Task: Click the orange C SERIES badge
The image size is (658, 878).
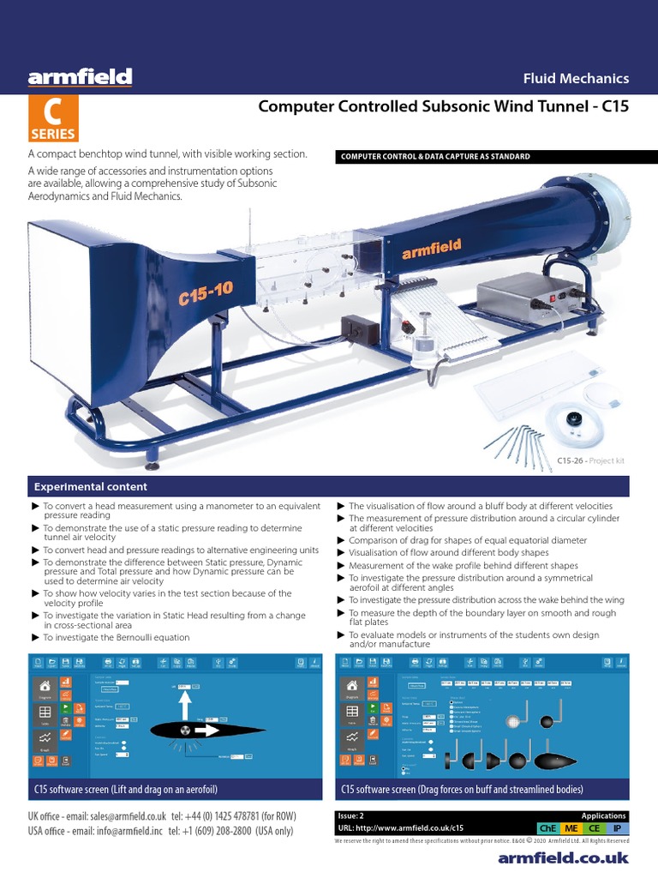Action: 54,119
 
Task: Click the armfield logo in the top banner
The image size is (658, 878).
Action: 80,78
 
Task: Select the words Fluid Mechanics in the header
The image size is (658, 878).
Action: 576,78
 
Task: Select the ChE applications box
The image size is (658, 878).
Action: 546,828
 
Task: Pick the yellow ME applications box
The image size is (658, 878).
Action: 570,828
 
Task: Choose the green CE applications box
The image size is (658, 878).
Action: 593,828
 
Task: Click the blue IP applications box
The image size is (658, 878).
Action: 617,828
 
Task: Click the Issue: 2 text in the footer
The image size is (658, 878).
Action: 353,816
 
